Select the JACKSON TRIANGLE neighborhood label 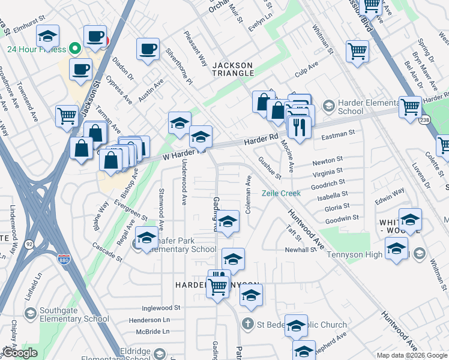click(x=234, y=68)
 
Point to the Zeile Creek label click(x=280, y=193)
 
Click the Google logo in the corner click(x=20, y=353)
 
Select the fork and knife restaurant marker click(x=298, y=127)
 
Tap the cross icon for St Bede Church click(x=247, y=325)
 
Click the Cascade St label click(x=107, y=248)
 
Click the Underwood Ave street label click(x=184, y=181)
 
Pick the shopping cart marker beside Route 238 click(x=411, y=107)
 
